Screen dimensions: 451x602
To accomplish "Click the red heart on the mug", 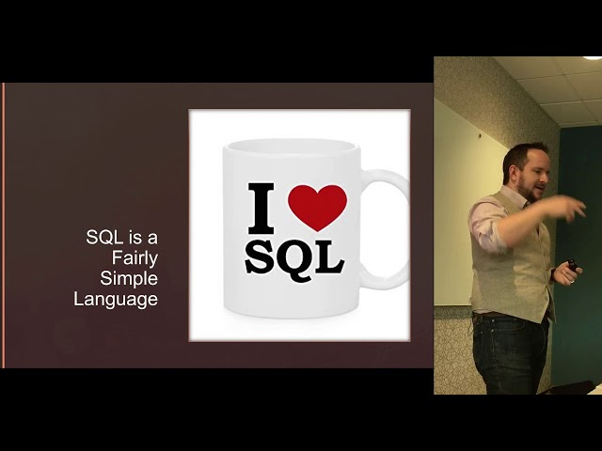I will click(317, 206).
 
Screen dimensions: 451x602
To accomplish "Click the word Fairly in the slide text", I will click(131, 258).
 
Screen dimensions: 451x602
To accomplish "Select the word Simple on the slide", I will click(129, 279).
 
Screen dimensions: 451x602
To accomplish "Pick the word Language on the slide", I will click(116, 300).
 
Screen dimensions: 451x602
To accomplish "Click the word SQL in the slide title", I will click(104, 238).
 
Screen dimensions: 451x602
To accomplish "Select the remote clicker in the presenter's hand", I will click(571, 267).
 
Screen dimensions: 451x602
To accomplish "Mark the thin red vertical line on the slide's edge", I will click(4, 225).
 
